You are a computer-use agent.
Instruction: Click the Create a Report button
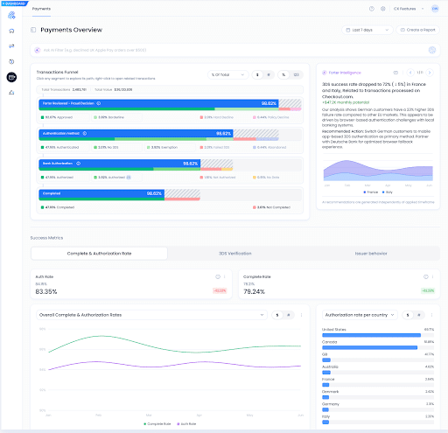click(x=420, y=30)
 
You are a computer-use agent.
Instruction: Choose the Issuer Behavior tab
click(x=372, y=253)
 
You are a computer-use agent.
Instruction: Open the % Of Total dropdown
click(x=227, y=75)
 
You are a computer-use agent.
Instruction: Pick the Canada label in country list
click(x=330, y=342)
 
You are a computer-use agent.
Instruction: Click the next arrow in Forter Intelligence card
click(x=431, y=73)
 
